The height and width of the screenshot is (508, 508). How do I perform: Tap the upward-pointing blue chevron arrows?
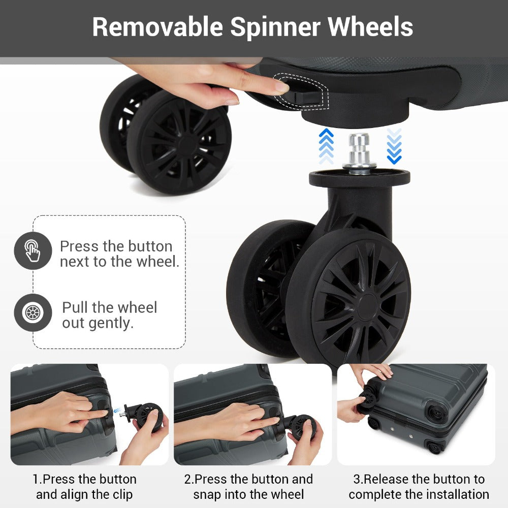[x=326, y=146]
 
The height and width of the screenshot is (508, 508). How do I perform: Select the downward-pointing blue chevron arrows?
[x=394, y=146]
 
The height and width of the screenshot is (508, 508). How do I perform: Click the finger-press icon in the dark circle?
[x=33, y=250]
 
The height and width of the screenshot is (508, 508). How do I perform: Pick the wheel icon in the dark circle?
[x=33, y=312]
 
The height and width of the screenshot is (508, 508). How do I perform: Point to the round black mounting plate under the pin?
[x=359, y=178]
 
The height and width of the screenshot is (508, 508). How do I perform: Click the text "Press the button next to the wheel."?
[x=119, y=254]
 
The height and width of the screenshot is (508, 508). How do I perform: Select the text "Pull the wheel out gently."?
[x=110, y=315]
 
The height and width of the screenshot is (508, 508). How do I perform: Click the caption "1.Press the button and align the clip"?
[x=84, y=487]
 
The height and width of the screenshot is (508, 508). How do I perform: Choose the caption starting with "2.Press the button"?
[x=248, y=487]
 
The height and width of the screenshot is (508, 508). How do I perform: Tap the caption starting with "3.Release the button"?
[x=419, y=487]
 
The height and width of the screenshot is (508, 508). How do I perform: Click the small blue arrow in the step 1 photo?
[x=117, y=410]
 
